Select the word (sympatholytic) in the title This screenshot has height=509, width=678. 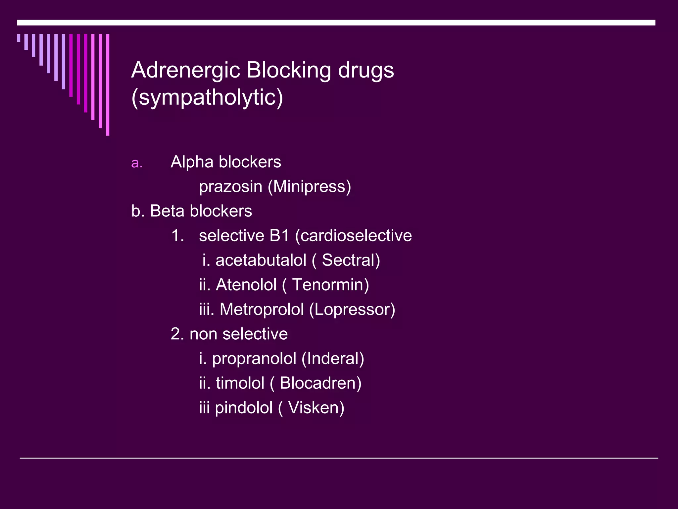point(207,98)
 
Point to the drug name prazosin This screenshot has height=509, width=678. point(230,187)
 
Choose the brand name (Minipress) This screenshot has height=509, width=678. point(309,187)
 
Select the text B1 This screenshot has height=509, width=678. point(279,236)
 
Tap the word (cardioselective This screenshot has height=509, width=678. point(353,236)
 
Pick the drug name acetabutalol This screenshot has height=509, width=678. point(261,260)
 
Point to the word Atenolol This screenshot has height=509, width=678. point(246,285)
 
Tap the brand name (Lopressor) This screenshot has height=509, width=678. point(352,309)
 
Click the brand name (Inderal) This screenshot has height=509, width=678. point(333,359)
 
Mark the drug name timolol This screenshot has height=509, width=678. point(240,383)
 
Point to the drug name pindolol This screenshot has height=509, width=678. point(244,408)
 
